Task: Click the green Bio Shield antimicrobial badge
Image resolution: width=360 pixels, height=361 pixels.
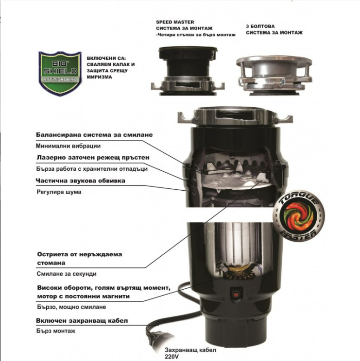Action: pyautogui.click(x=60, y=74)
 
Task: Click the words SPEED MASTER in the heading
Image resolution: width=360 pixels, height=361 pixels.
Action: pyautogui.click(x=175, y=22)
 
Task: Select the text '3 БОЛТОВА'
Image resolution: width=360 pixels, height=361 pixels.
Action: pyautogui.click(x=260, y=26)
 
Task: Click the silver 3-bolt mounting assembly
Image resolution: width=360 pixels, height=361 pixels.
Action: pyautogui.click(x=274, y=75)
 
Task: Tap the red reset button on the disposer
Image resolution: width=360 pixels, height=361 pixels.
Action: pyautogui.click(x=236, y=295)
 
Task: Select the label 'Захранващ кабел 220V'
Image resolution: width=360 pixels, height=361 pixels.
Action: pyautogui.click(x=190, y=353)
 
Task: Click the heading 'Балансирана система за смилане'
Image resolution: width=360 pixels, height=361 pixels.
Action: pyautogui.click(x=94, y=135)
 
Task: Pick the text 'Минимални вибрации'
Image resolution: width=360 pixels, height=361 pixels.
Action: pyautogui.click(x=68, y=146)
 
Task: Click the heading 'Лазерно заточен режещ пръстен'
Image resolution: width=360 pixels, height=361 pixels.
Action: pyautogui.click(x=93, y=158)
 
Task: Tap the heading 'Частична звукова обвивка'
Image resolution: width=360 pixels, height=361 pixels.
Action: pyautogui.click(x=81, y=180)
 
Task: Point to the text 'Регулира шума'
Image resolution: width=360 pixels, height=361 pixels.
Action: pyautogui.click(x=59, y=192)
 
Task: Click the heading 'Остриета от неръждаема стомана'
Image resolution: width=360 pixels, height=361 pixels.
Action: pyautogui.click(x=80, y=259)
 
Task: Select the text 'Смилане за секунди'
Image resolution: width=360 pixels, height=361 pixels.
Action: pyautogui.click(x=67, y=274)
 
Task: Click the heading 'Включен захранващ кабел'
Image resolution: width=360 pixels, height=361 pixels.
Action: pyautogui.click(x=82, y=321)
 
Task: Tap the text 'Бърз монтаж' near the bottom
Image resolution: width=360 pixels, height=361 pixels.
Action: pyautogui.click(x=56, y=331)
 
